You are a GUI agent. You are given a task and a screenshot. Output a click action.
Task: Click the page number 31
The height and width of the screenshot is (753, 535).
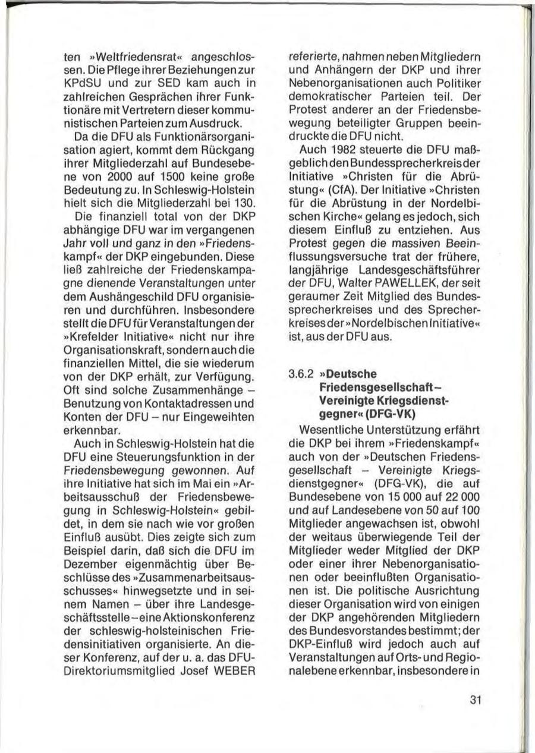pyautogui.click(x=474, y=699)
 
